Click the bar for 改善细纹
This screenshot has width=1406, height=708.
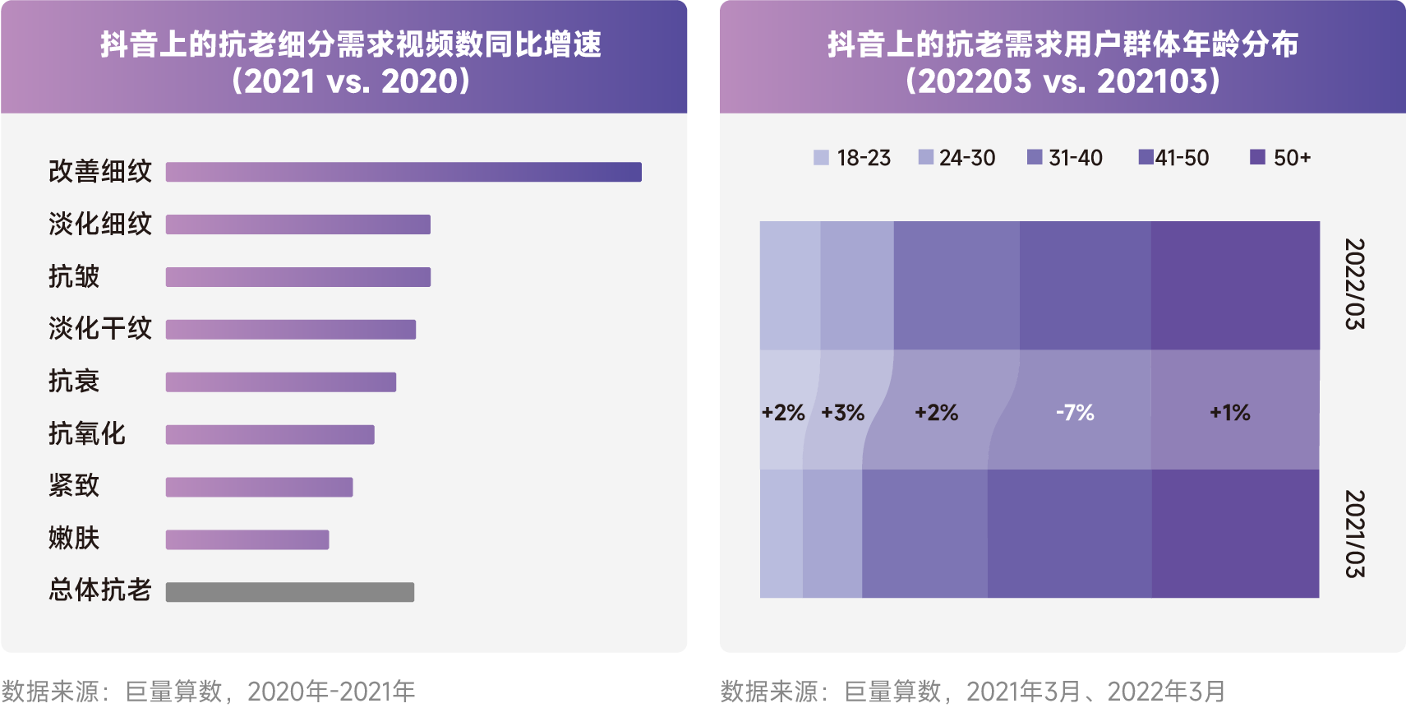click(x=403, y=172)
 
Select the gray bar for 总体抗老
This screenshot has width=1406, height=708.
click(x=289, y=592)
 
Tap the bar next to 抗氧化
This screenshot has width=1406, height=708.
click(x=270, y=434)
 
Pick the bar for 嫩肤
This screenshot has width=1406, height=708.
click(x=247, y=539)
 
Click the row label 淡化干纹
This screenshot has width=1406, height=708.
click(x=100, y=329)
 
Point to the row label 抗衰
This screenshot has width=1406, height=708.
click(x=74, y=382)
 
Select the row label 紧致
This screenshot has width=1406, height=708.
click(x=74, y=486)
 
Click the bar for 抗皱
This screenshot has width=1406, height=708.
click(x=297, y=277)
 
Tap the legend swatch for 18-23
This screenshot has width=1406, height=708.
click(x=821, y=158)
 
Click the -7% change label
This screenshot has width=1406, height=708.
click(x=1075, y=413)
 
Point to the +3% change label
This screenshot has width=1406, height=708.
click(x=842, y=413)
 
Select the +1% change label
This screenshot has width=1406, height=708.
click(x=1229, y=413)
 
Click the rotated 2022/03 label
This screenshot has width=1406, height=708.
click(x=1354, y=285)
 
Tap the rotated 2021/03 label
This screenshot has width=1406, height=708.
click(x=1354, y=534)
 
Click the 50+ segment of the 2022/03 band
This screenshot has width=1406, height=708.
click(x=1235, y=285)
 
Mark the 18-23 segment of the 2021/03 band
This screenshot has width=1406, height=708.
click(x=781, y=534)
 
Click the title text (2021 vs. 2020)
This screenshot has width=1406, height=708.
click(x=351, y=81)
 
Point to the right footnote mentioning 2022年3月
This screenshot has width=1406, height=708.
click(x=973, y=692)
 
